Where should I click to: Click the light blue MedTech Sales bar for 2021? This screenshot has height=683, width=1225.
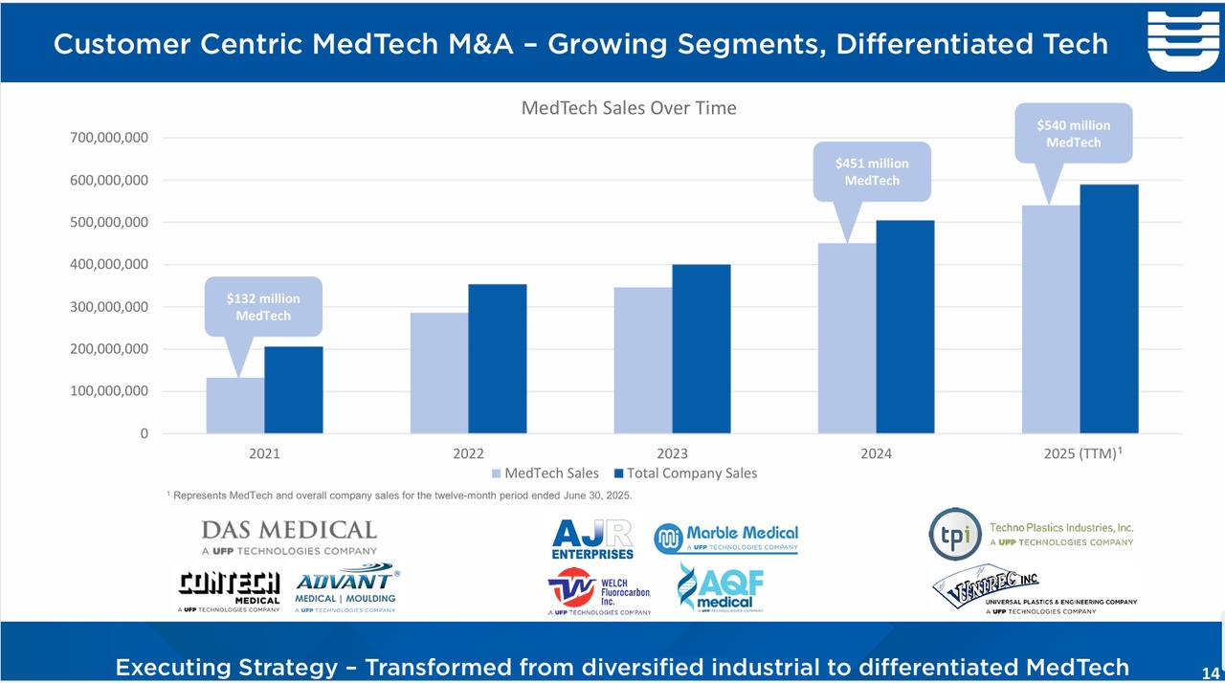(235, 406)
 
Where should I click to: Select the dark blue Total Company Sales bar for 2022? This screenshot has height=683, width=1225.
(497, 359)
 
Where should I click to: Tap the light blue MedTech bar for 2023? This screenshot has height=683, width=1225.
(643, 361)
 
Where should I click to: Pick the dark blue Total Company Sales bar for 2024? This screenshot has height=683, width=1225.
(904, 327)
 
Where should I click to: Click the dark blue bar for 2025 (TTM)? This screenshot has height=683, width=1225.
(1109, 309)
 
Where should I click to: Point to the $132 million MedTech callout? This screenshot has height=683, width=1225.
(263, 307)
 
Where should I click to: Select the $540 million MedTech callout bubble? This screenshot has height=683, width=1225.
(1073, 134)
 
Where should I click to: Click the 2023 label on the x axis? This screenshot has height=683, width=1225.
(672, 454)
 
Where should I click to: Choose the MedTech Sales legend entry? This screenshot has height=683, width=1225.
(545, 474)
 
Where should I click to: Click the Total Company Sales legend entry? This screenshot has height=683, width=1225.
(684, 474)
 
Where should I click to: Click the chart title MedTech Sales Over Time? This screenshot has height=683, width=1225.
(629, 108)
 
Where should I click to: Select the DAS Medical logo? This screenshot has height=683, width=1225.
(289, 537)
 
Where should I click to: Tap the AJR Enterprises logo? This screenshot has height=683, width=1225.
(592, 540)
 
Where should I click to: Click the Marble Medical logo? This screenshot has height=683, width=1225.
(725, 540)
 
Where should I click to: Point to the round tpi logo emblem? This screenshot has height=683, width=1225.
(954, 534)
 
